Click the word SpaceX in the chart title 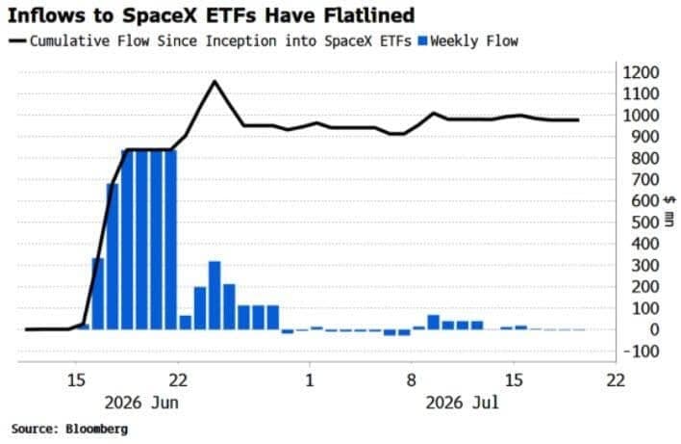coord(161,16)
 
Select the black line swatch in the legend coord(18,40)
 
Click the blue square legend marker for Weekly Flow coord(422,40)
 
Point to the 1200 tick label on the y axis coord(641,72)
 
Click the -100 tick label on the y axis coord(641,351)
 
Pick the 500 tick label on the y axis coord(644,222)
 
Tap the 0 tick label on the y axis coord(654,329)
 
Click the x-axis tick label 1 coord(309,380)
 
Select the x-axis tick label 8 coord(411,380)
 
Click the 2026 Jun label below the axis coord(141,403)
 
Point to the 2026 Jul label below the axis coord(462,403)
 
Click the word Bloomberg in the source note coord(97,429)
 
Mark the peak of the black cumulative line coord(214,81)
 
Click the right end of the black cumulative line coord(578,120)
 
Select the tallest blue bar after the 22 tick coord(214,296)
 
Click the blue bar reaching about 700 coord(113,256)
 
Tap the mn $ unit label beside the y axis coord(669,211)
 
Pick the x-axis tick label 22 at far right coord(616,380)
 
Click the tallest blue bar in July coord(434,323)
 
